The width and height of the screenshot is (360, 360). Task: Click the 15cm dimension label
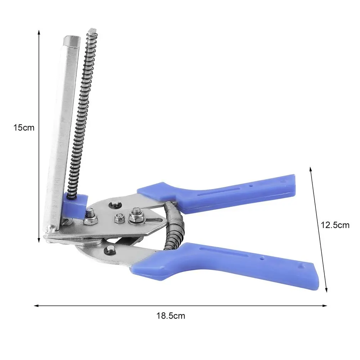point(24,127)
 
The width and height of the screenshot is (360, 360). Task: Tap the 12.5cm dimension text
point(335,225)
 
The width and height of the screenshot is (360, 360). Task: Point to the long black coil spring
point(82,114)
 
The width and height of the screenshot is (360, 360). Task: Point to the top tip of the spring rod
point(93,30)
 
